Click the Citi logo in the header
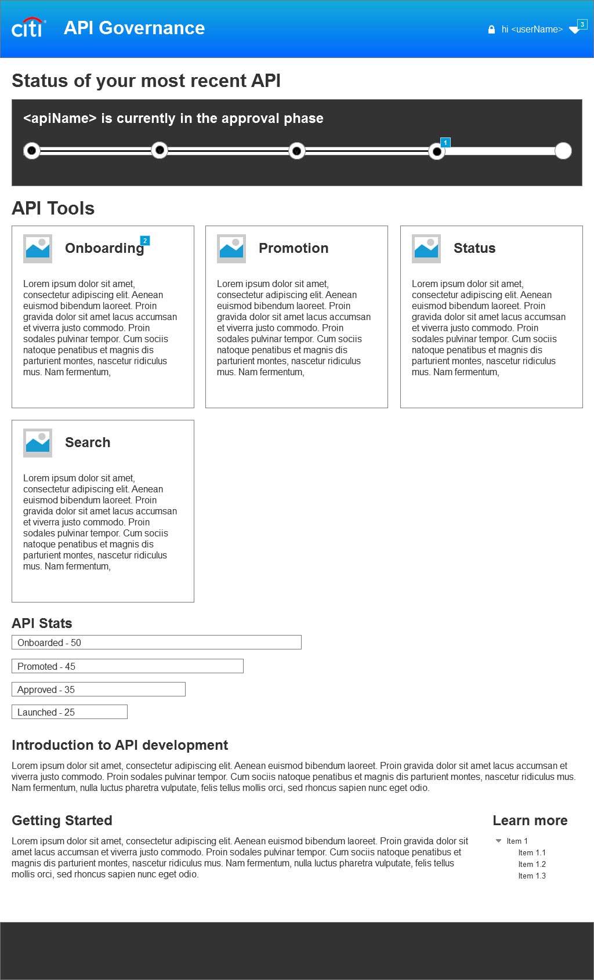pos(28,28)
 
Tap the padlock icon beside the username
pos(491,30)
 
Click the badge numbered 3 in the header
pos(582,24)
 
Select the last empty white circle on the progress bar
pos(563,151)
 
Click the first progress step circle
pos(32,151)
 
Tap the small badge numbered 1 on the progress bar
pos(445,142)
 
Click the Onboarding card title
pos(104,248)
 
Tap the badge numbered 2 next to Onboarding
pos(145,241)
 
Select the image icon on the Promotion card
pos(231,249)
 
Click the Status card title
pos(475,248)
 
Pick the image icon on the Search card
pos(38,443)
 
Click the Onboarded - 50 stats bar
pos(157,643)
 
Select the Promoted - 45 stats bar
pos(128,666)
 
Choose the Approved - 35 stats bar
pos(99,689)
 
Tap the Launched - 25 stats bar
pos(70,712)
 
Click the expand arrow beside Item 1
pos(498,841)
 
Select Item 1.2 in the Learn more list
pos(532,864)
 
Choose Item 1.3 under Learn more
pos(532,876)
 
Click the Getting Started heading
pos(62,821)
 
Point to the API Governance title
pos(134,28)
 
